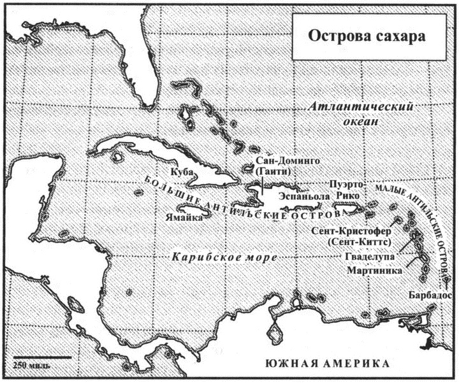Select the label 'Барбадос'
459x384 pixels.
coord(429,295)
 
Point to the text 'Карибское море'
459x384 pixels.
coord(224,257)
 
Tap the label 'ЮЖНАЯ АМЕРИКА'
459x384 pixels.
coord(326,364)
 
